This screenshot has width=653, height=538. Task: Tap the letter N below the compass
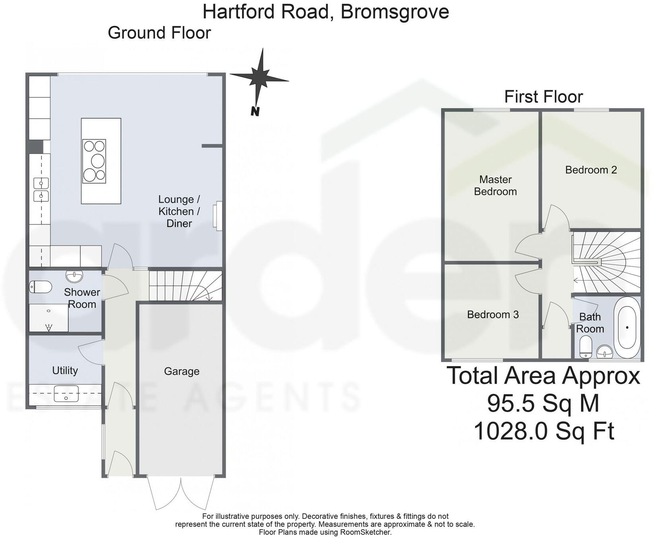(255, 111)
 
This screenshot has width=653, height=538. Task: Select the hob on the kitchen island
(94, 161)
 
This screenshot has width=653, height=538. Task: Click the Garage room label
(182, 371)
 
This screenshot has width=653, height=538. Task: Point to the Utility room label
(65, 370)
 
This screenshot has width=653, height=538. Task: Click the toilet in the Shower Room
(41, 287)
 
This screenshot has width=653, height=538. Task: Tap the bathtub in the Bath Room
(627, 327)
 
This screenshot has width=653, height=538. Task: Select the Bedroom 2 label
(591, 170)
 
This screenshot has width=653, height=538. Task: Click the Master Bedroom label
(495, 185)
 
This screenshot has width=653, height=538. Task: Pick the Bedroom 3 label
(493, 314)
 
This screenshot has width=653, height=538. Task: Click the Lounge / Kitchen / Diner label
(179, 211)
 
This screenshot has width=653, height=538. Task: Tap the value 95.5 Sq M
(543, 403)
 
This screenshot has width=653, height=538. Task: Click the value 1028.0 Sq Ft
(544, 431)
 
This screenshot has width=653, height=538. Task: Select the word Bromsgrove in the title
(395, 11)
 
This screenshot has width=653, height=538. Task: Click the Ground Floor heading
(159, 33)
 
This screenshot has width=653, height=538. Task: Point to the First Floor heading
(543, 97)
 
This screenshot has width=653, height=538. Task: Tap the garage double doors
(181, 493)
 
